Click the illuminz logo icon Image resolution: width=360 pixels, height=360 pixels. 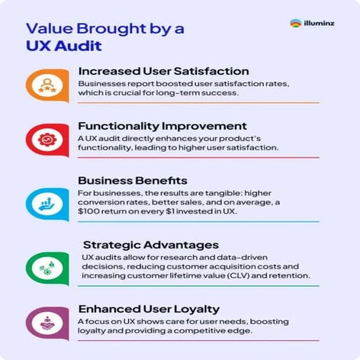(x=296, y=24)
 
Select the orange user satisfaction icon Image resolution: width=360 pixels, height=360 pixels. (x=43, y=83)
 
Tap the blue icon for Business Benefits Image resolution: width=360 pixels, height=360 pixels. (x=43, y=202)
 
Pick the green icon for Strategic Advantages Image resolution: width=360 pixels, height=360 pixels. (x=43, y=265)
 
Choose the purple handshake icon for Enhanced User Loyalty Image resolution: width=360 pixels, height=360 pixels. (x=43, y=323)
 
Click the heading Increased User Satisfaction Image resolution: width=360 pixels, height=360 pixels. (x=163, y=72)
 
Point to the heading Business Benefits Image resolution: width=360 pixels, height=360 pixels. (x=133, y=181)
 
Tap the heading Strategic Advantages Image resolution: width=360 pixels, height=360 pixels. (x=150, y=245)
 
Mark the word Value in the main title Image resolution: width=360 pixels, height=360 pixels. (x=50, y=29)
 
